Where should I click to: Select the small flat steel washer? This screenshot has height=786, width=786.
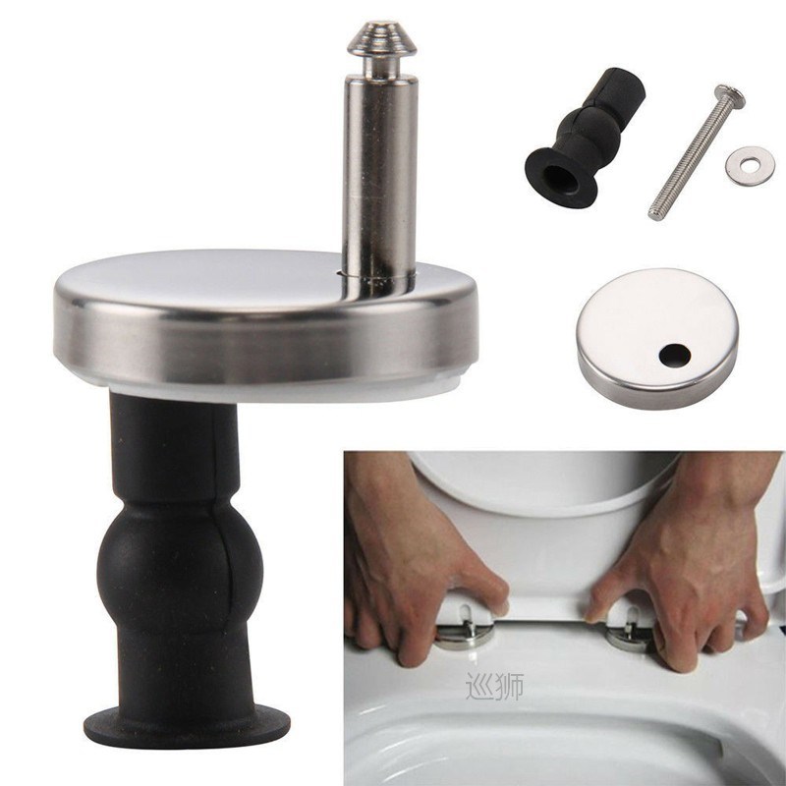click(750, 165)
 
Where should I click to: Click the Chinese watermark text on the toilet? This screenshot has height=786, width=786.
click(494, 685)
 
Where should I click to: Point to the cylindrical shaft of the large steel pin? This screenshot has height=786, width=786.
click(379, 177)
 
